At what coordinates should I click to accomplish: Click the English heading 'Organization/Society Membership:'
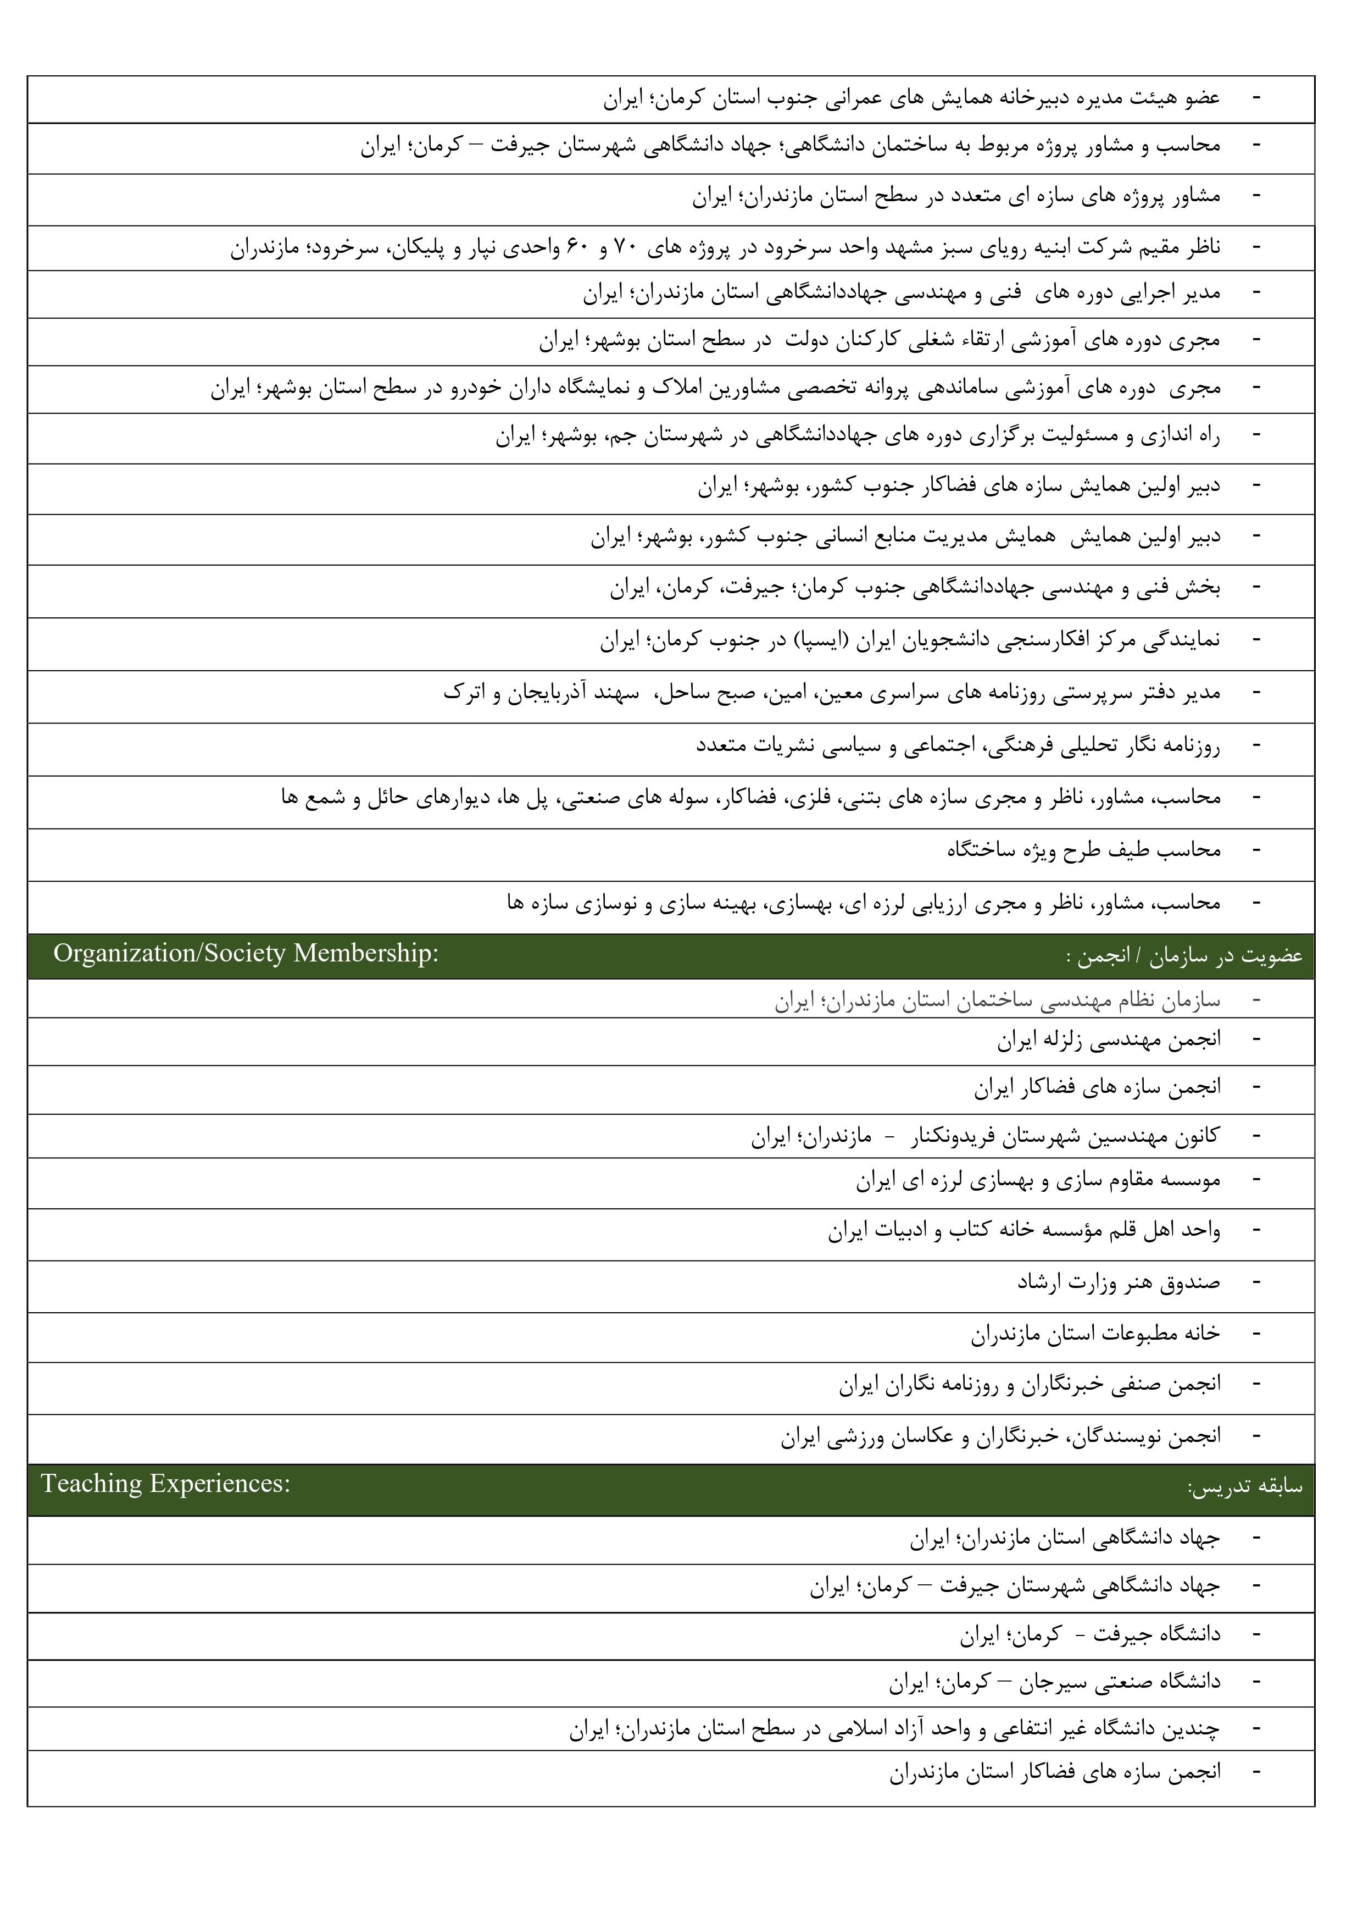click(246, 954)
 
